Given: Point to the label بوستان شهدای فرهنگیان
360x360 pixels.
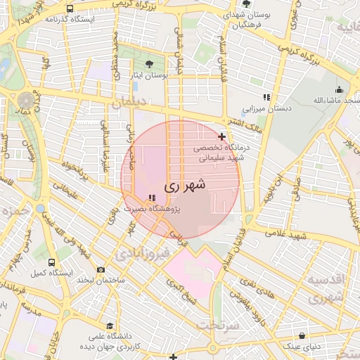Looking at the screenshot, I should [245, 19].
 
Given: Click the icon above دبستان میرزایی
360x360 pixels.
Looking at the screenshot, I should [266, 97].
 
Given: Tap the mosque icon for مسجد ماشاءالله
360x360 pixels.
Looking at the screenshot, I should [340, 89].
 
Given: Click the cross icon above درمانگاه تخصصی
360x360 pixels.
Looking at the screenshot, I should [222, 136].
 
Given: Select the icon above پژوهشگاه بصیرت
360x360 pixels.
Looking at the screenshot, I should [152, 198].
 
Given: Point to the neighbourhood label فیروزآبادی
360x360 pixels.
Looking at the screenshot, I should [143, 250].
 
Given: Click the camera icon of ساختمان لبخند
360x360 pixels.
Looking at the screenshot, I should [101, 270].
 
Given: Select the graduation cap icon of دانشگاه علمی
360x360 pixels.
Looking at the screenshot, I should [110, 326].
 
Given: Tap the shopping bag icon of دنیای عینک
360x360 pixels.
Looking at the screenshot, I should [302, 336].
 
